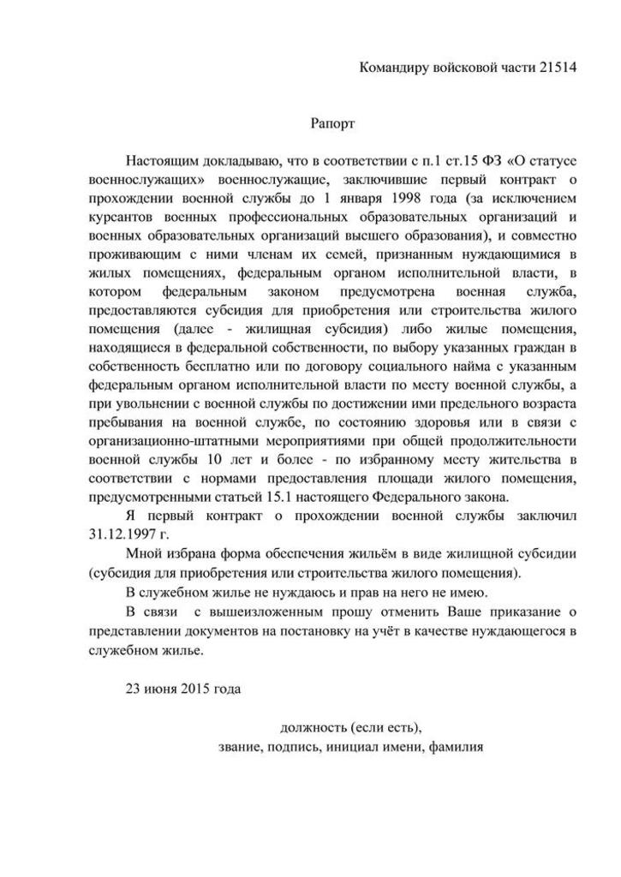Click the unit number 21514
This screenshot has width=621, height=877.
click(x=558, y=68)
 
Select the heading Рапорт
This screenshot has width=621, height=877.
click(x=332, y=123)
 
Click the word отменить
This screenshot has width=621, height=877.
click(x=415, y=609)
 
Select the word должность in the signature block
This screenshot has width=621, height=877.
click(x=313, y=727)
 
